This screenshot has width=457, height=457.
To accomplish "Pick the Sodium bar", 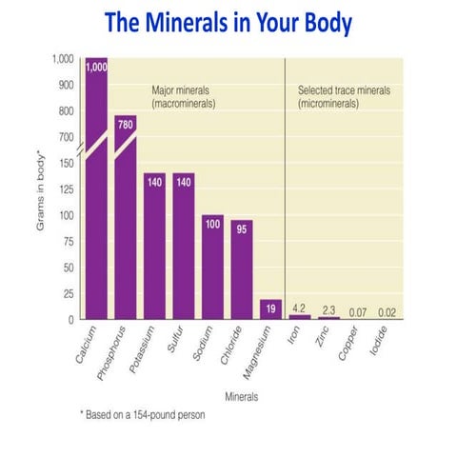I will (x=213, y=267).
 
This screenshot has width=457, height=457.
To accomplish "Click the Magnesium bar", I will (x=271, y=308).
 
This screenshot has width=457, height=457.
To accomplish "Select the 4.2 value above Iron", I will (x=299, y=307).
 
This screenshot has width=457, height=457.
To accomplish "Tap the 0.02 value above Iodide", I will (x=386, y=310).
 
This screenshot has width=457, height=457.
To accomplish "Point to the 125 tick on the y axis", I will (x=66, y=189).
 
